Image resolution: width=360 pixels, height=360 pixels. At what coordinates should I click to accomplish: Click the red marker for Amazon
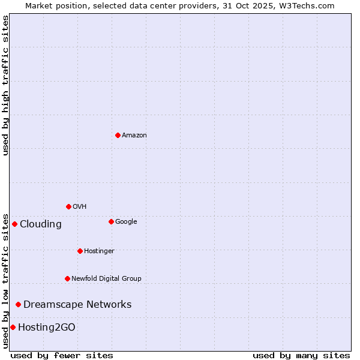click(118, 135)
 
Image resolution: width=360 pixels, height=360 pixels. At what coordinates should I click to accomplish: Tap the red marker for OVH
click(68, 206)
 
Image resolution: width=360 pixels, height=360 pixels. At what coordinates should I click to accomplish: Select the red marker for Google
click(111, 221)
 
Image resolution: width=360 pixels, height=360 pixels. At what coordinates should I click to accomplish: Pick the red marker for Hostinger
click(80, 251)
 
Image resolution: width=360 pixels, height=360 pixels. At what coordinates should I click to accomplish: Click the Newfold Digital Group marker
click(67, 278)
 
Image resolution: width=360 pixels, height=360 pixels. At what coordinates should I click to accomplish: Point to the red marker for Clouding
click(14, 224)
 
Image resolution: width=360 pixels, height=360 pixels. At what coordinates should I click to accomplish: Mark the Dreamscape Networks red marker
click(18, 304)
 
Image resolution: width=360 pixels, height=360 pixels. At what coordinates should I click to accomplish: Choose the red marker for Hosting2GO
click(13, 327)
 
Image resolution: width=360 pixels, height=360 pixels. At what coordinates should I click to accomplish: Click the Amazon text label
click(134, 136)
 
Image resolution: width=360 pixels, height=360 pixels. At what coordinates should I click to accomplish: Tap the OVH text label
click(79, 207)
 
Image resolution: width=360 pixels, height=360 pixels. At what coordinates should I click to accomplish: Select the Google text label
click(126, 222)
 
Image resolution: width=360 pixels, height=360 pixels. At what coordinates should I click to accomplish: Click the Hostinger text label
click(99, 251)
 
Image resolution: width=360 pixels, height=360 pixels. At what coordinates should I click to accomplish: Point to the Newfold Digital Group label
click(106, 278)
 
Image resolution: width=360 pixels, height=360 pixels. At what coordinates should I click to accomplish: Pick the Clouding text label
click(40, 224)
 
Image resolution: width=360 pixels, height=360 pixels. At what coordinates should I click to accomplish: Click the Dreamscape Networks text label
click(77, 305)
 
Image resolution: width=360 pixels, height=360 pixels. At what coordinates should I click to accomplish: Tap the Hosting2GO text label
click(47, 328)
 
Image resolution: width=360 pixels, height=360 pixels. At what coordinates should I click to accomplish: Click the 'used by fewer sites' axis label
click(62, 355)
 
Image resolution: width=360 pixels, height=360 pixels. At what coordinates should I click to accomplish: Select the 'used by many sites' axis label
click(301, 355)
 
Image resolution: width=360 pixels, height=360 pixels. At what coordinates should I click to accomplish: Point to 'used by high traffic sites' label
click(6, 85)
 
